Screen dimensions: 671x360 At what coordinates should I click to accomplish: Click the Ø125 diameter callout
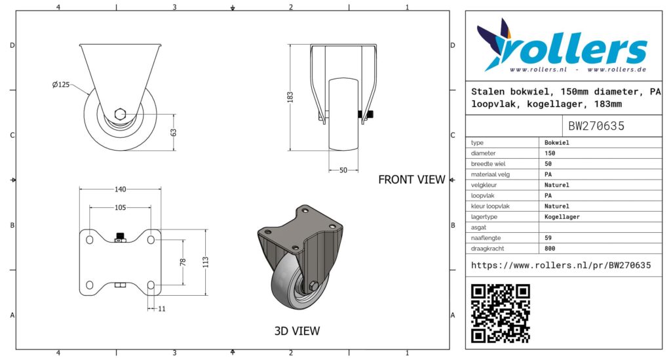61,85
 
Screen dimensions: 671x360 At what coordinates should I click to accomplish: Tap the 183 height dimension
290,97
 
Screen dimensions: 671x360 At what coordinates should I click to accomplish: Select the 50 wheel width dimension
343,170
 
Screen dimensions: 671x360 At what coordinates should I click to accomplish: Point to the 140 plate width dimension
121,190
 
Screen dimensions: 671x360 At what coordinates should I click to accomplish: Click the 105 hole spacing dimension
121,208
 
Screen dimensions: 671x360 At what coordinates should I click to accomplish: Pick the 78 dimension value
183,262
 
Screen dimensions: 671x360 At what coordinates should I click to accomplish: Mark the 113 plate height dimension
205,262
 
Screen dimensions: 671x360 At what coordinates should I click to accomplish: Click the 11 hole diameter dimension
161,309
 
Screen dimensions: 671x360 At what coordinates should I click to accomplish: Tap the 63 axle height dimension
173,132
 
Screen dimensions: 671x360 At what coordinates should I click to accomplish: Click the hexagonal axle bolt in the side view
121,114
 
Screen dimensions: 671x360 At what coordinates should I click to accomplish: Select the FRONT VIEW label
412,180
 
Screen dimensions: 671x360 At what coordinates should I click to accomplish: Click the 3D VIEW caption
297,331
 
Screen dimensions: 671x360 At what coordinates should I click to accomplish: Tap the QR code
500,313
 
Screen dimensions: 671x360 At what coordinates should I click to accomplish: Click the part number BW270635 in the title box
596,126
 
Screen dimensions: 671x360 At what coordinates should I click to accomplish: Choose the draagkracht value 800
550,249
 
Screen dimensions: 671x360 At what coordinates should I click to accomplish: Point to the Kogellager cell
562,216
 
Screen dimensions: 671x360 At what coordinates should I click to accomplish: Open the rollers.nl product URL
561,266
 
